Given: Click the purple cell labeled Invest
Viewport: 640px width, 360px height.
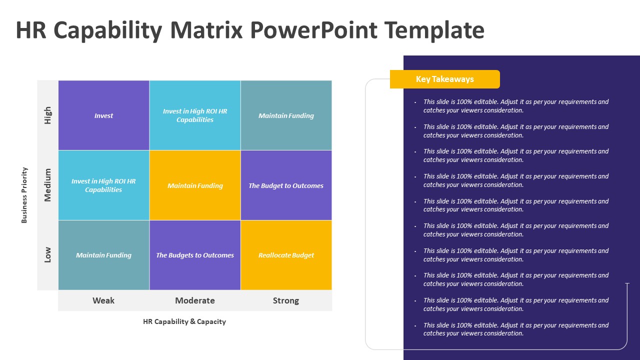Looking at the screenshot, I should coord(104,115).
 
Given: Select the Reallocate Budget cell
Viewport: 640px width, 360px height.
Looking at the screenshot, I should coord(286,255).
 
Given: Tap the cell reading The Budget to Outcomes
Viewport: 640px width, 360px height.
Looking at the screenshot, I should coord(286,185).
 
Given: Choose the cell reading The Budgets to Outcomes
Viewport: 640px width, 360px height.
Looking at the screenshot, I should coord(195,255).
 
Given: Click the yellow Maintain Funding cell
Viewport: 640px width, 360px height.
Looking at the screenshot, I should coord(195,185).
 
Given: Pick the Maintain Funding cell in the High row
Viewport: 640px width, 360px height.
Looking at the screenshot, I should coord(286,115).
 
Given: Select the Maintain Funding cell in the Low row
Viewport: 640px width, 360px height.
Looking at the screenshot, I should coord(104,255).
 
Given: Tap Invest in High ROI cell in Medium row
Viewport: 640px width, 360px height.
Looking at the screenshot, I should coord(104,185).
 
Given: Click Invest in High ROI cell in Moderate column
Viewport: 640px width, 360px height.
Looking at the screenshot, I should coord(195,115).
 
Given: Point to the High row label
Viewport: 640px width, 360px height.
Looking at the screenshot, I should coord(48,115).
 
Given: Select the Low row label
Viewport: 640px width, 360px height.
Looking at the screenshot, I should coord(48,255).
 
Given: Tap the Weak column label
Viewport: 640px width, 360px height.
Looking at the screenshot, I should coord(103,300).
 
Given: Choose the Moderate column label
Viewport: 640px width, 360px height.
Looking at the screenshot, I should coord(195,300).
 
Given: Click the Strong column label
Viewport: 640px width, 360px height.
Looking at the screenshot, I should coord(286,300).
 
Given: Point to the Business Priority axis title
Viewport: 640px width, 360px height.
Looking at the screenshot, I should coord(24,195).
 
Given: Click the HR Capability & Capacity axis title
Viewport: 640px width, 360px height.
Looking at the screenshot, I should coord(184,321).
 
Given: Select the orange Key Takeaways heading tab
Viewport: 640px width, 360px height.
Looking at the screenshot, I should coord(445,79).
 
